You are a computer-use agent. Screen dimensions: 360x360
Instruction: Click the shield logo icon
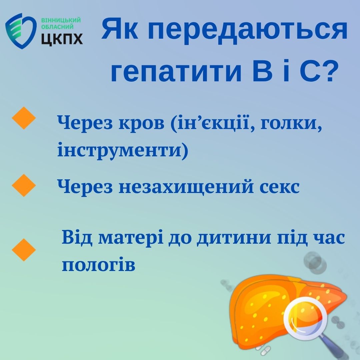click(21, 31)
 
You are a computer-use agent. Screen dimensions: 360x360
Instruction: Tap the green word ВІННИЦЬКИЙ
click(61, 20)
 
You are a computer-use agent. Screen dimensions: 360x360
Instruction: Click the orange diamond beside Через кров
click(24, 118)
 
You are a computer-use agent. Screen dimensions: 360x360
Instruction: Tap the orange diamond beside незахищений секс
click(24, 185)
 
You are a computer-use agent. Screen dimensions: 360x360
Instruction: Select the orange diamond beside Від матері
click(24, 250)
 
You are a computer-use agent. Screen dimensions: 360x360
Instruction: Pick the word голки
click(291, 123)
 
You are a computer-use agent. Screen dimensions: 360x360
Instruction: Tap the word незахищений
click(186, 187)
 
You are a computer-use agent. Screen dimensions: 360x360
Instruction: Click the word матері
click(131, 238)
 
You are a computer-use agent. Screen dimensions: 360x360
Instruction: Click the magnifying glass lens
click(305, 318)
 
